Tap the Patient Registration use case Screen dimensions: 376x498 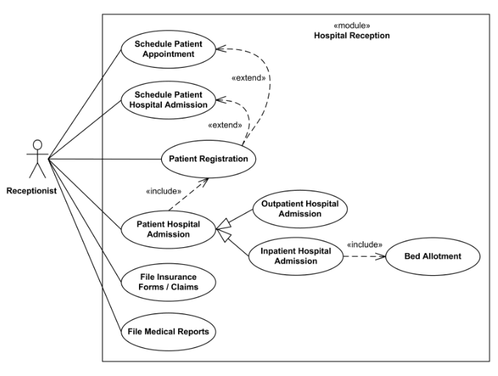click(208, 158)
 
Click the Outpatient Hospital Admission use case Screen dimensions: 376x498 click(299, 208)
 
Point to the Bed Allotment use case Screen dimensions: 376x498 click(434, 256)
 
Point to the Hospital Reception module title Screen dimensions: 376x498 click(351, 35)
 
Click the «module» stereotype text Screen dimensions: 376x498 click(351, 24)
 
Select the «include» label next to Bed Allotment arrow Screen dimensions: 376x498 click(364, 244)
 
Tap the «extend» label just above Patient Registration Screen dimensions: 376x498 click(225, 125)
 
